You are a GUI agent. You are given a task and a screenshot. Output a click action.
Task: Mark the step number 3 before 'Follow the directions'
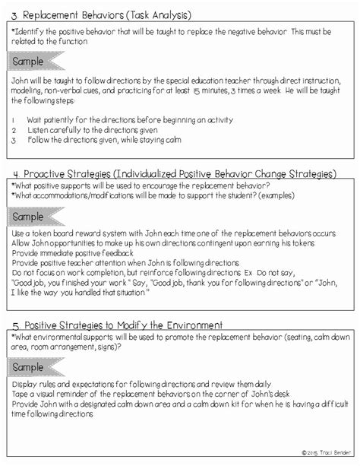click(x=14, y=140)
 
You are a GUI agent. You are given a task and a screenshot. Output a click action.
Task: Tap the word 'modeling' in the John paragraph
click(x=29, y=90)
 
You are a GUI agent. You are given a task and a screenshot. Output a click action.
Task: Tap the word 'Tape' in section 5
click(x=21, y=395)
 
